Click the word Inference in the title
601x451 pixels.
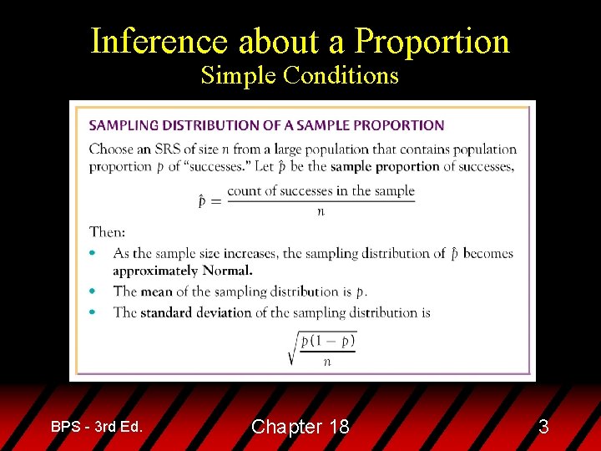coord(159,42)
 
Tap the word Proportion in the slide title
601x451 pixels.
coord(432,42)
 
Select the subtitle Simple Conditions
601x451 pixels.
coord(300,76)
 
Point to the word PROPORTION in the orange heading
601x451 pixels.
coord(397,125)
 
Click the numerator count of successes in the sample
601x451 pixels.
coord(321,190)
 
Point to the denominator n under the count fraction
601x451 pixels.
coord(321,212)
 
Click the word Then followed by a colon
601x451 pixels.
coord(107,232)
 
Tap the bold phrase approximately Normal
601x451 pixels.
coord(183,271)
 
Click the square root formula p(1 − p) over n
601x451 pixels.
coord(322,347)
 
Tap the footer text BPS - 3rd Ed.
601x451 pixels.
coord(97,427)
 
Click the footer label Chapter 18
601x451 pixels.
coord(300,427)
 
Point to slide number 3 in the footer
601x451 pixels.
coord(543,427)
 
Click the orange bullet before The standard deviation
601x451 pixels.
coord(93,312)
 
